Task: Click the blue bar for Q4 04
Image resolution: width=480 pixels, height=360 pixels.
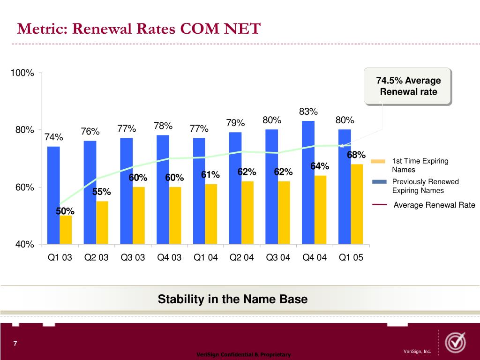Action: [308, 183]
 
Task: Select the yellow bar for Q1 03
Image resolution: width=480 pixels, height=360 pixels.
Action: [66, 230]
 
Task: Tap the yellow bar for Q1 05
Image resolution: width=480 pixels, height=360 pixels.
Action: [357, 204]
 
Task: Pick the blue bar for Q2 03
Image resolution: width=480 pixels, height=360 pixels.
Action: [90, 192]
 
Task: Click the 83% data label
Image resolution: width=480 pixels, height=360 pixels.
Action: [308, 112]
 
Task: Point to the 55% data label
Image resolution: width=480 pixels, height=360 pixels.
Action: [101, 192]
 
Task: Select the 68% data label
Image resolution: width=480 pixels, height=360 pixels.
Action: [356, 155]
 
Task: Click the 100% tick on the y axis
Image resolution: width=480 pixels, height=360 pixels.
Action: [22, 73]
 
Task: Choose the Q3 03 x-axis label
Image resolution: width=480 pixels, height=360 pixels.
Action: [133, 257]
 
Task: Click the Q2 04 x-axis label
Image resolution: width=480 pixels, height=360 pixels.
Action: [241, 257]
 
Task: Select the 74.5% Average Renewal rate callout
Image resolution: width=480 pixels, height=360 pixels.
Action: [408, 86]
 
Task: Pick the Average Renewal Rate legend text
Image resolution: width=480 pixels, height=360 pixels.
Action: [434, 205]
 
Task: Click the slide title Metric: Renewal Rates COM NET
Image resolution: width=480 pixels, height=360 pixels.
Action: [138, 29]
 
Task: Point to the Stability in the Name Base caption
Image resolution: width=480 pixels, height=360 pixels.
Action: [232, 299]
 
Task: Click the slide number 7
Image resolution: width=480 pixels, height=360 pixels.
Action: [15, 344]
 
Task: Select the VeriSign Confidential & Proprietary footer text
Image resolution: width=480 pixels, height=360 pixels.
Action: [243, 355]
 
